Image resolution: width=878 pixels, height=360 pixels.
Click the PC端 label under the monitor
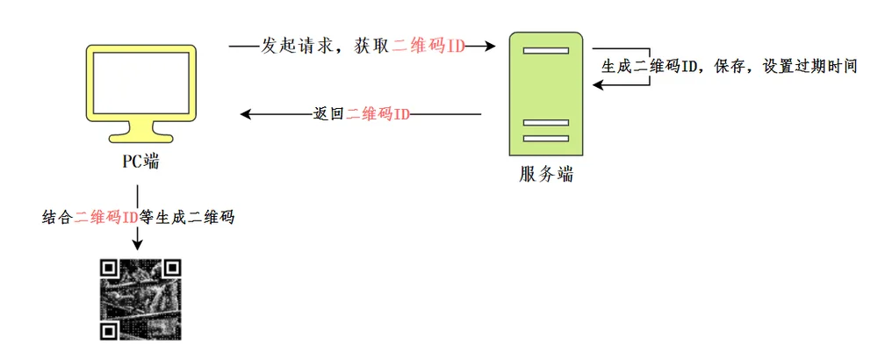click(x=140, y=162)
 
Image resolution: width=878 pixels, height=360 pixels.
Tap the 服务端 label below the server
click(x=546, y=175)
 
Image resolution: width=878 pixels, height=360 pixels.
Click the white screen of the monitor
click(x=141, y=83)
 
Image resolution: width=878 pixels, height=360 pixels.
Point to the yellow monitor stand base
click(x=141, y=137)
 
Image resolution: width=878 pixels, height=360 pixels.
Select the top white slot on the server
click(x=546, y=50)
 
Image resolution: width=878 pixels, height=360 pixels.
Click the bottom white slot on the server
click(x=546, y=138)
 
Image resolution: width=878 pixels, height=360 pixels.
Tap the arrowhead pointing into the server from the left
click(x=489, y=46)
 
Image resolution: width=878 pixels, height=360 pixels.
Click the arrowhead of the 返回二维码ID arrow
click(x=247, y=114)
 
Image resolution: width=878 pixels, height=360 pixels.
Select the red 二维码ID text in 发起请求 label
click(x=428, y=46)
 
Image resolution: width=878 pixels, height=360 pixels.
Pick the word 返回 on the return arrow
click(x=329, y=114)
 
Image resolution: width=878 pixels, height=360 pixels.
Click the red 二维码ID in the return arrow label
click(x=378, y=114)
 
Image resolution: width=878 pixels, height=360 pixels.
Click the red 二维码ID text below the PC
click(x=106, y=217)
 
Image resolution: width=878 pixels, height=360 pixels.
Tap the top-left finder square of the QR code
click(x=109, y=267)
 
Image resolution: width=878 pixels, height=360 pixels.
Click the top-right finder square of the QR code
click(x=172, y=267)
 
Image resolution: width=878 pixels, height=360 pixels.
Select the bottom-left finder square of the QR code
click(x=109, y=330)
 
